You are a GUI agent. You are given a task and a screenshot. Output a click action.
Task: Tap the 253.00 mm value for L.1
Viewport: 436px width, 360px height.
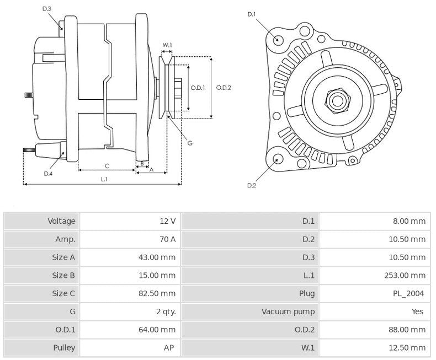406,275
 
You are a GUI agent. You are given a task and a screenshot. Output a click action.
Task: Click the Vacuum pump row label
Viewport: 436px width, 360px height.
288,311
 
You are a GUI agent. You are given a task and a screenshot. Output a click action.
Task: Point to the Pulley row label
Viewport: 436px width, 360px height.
64,348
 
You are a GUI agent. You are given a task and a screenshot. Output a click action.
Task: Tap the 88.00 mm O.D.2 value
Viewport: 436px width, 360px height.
407,330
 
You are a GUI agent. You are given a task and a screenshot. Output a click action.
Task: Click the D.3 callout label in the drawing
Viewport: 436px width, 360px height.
46,9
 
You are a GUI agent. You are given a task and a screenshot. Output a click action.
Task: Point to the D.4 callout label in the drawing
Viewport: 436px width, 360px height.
48,174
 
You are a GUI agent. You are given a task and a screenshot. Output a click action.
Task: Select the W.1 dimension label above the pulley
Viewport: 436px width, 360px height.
167,45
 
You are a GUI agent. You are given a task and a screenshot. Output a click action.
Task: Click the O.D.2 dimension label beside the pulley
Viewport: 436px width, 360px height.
224,87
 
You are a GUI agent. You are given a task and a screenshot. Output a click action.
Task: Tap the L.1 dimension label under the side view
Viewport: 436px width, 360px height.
104,179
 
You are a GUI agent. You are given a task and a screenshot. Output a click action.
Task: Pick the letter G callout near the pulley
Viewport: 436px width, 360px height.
189,143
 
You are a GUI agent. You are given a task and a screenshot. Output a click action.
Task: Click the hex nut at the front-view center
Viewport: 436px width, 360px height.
337,100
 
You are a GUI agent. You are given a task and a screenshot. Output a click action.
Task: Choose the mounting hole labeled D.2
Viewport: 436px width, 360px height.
278,159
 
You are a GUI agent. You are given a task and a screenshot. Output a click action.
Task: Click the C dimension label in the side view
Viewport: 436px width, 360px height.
107,165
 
